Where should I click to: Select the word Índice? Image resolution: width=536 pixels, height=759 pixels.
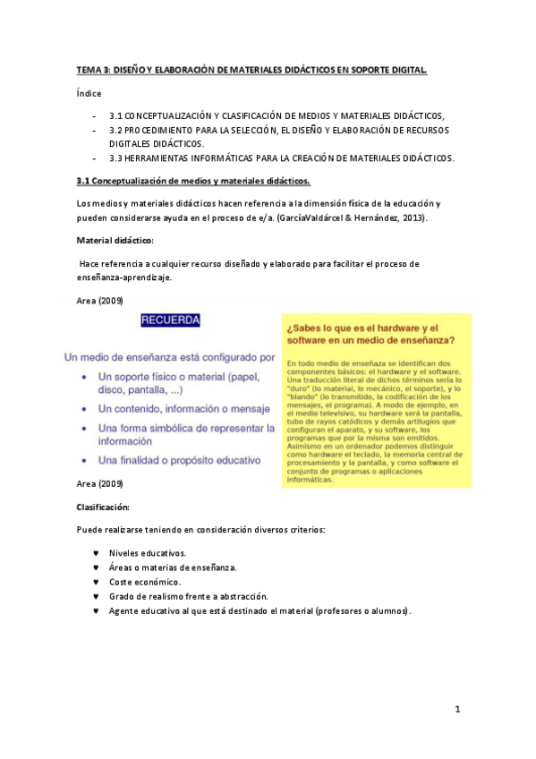point(89,93)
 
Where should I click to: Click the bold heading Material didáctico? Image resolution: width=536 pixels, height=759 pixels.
point(115,241)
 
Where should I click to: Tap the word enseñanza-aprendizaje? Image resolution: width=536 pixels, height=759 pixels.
point(123,277)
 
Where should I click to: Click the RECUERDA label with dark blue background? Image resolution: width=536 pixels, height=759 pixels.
point(170,320)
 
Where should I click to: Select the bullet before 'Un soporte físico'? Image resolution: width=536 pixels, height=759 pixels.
point(84,377)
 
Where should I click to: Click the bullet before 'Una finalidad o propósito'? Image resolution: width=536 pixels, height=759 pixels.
point(84,460)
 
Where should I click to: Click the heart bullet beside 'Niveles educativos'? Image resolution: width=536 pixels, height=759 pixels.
point(95,553)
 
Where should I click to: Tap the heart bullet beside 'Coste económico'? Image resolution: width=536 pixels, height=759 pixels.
point(95,582)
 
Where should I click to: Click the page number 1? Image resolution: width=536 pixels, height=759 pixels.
point(456,710)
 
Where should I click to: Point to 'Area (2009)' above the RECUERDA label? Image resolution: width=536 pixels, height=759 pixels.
point(99,300)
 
